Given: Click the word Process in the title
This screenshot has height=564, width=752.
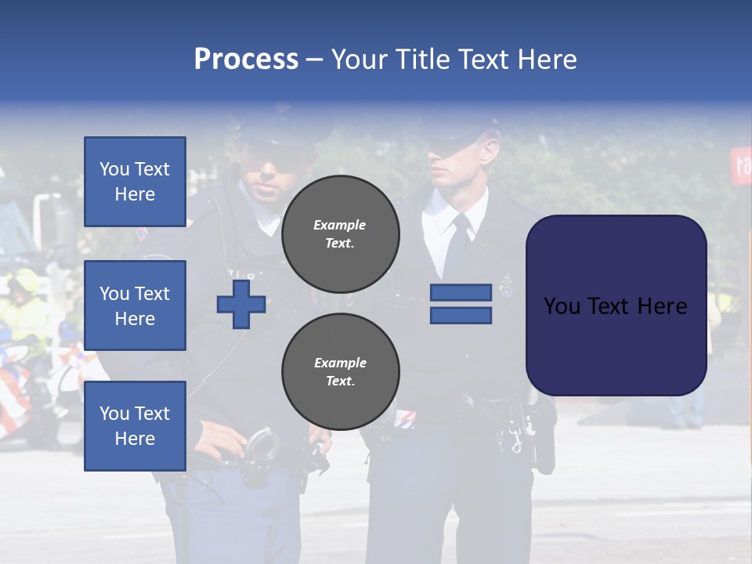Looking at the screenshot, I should coord(246,60).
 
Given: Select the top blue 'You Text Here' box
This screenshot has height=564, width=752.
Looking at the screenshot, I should coord(135,182).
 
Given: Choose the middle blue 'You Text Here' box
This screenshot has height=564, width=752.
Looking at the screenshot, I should coord(135,305).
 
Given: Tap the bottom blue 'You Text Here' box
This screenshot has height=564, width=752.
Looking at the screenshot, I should coord(135,425).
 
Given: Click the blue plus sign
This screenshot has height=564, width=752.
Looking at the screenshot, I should coord(241,304).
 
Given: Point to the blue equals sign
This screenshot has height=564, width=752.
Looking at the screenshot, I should coord(461,304).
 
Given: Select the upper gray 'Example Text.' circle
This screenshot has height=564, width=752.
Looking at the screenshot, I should coord(340,233).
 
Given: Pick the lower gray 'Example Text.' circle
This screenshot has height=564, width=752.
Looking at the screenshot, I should coord(340,371).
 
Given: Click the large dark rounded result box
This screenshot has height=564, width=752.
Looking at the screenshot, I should coord(616,305).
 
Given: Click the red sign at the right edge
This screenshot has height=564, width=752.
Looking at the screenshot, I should coord(741,164).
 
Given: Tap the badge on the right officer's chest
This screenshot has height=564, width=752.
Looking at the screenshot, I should coord(507,285).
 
